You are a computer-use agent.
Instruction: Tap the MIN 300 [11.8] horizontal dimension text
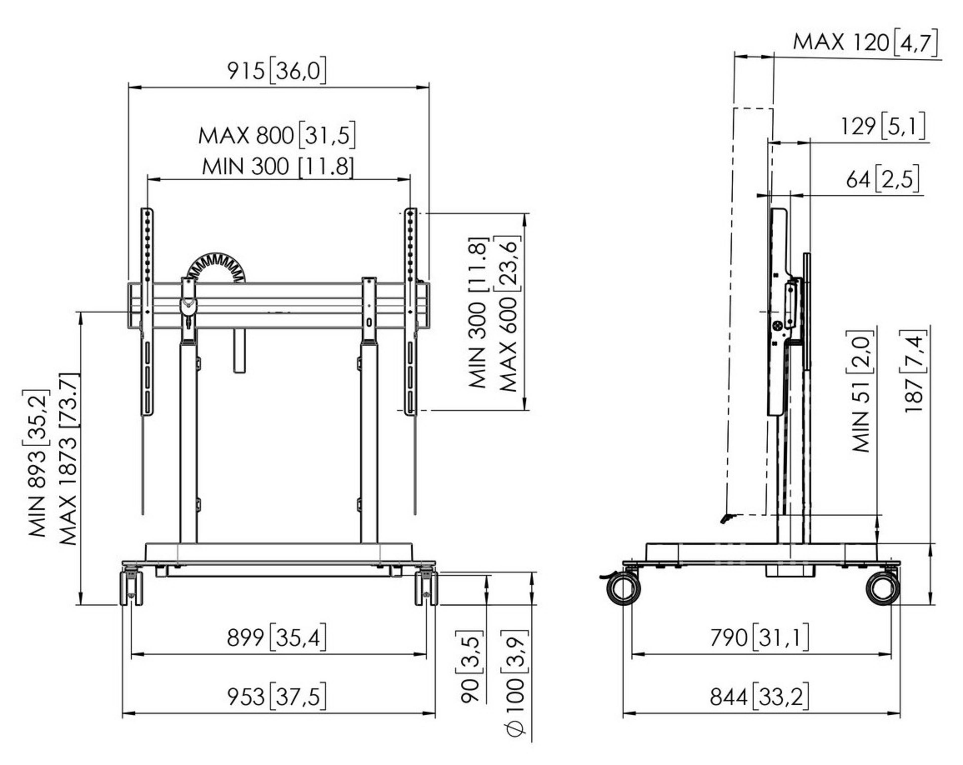(277, 167)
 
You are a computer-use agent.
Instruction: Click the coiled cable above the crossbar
(216, 268)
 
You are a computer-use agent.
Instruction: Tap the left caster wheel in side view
(623, 589)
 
